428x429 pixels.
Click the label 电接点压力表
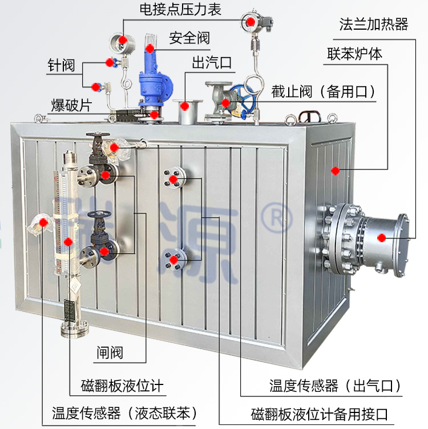(x=180, y=9)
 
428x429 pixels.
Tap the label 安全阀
(x=189, y=38)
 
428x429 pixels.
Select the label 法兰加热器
(x=374, y=25)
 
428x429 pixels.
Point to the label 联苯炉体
(x=354, y=53)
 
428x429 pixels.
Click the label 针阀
(x=61, y=65)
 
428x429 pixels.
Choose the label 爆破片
(x=71, y=105)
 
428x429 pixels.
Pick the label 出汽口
(x=212, y=63)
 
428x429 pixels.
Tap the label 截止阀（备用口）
(x=324, y=91)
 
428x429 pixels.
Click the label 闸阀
(x=110, y=352)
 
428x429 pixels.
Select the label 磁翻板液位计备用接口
(x=319, y=414)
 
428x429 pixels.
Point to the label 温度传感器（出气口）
(x=336, y=386)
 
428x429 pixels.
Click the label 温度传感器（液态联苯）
(x=124, y=413)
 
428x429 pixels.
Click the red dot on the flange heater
(x=382, y=238)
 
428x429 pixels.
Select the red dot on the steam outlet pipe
(x=185, y=106)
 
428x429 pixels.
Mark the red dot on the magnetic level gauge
(x=68, y=242)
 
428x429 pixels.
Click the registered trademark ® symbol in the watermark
(x=277, y=218)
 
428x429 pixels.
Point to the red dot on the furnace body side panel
(x=336, y=171)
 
